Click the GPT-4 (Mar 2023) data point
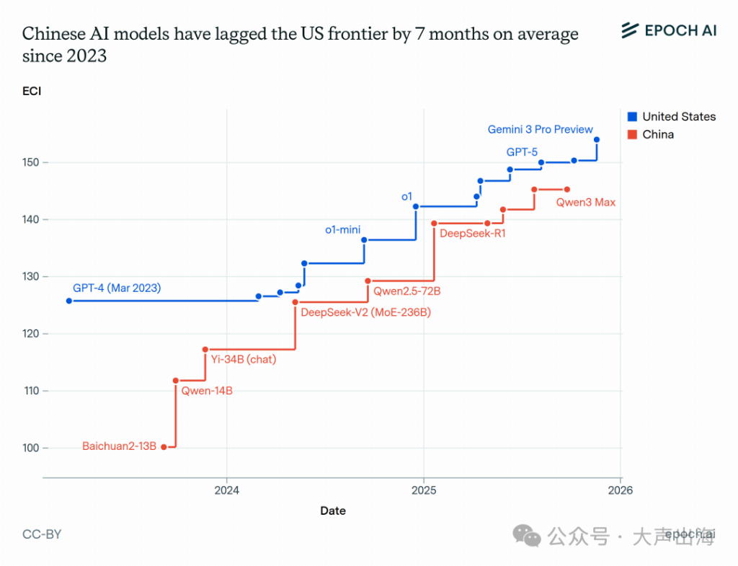click(x=69, y=301)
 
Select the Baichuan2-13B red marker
click(x=164, y=447)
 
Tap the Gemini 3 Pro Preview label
click(x=540, y=130)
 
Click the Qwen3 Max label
click(x=585, y=203)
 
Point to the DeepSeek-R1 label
click(x=472, y=233)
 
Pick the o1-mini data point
click(x=364, y=240)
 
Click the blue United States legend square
click(x=632, y=117)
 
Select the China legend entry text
click(x=658, y=135)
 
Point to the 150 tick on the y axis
click(x=30, y=162)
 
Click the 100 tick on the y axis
click(x=30, y=448)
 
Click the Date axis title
click(x=333, y=510)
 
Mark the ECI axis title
click(x=32, y=91)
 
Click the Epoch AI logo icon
click(x=630, y=30)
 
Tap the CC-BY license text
click(x=42, y=534)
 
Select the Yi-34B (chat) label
click(x=243, y=359)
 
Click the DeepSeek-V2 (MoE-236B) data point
click(x=295, y=302)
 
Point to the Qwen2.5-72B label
click(x=406, y=291)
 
